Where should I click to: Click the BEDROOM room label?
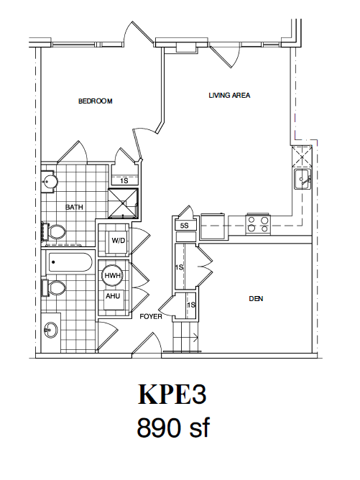96,101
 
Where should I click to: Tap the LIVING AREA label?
229,95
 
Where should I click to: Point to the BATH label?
75,208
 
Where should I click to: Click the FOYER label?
150,316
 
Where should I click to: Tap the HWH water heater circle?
113,276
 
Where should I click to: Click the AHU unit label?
113,295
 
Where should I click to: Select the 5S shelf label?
184,226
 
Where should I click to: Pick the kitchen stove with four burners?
258,224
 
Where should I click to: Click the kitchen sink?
301,179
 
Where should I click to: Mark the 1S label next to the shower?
124,180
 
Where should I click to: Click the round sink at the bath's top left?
49,182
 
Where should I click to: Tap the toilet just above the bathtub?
55,232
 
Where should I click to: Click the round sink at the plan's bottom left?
51,331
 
